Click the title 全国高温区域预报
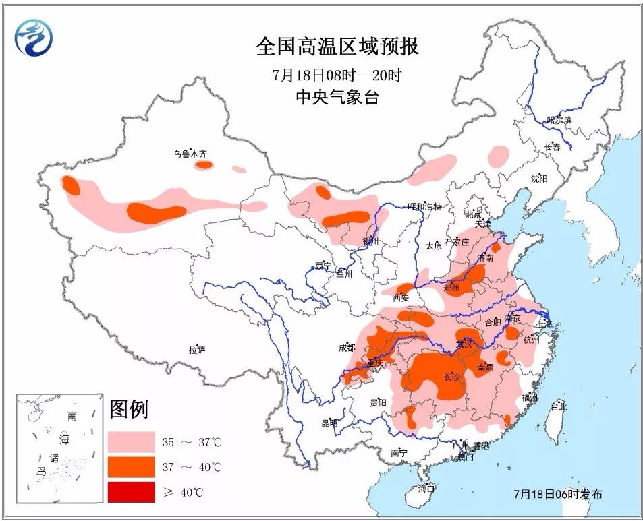point(337,47)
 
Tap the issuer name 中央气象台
point(337,97)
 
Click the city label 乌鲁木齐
point(189,154)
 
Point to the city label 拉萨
point(196,349)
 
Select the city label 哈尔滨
point(559,120)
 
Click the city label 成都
point(346,348)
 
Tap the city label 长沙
point(451,377)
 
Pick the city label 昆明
point(329,423)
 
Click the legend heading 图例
point(128,408)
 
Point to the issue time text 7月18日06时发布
point(557,494)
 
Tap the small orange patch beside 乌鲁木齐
point(203,164)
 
